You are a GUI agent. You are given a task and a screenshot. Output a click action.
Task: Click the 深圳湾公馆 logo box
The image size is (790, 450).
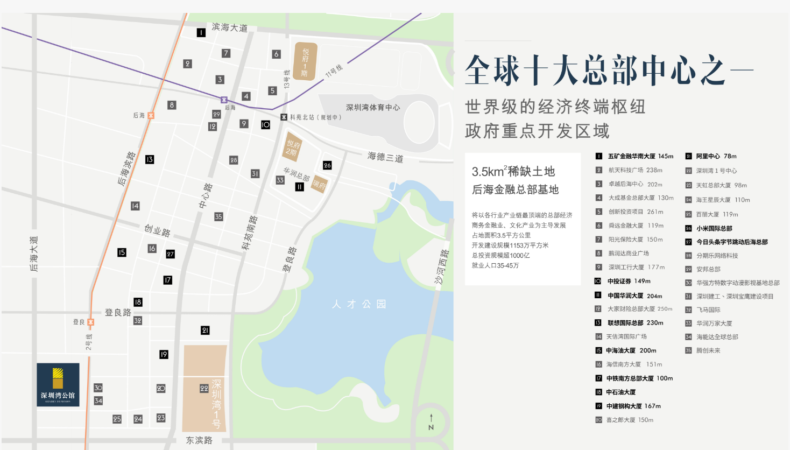click(58, 384)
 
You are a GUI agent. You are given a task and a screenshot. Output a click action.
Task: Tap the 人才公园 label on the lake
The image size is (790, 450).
click(359, 304)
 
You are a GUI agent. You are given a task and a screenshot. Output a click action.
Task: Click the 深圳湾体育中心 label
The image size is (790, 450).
click(372, 108)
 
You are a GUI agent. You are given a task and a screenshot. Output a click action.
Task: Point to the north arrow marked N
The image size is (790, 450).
click(431, 422)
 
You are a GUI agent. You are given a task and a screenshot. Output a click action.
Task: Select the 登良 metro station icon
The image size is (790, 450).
click(90, 322)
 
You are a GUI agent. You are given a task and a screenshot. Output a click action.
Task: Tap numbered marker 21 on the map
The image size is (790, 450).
click(205, 331)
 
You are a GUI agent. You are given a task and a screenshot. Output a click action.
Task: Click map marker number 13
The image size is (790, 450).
click(150, 159)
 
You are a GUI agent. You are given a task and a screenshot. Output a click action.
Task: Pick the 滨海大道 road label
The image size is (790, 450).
click(230, 27)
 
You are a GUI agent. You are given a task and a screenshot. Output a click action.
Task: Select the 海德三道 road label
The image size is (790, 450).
click(385, 157)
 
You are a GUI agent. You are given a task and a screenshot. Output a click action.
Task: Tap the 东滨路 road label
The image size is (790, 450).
click(199, 440)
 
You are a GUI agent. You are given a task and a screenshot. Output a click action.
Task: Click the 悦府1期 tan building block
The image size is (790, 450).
click(305, 61)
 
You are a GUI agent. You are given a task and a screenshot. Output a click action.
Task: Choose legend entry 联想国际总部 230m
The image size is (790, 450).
click(635, 323)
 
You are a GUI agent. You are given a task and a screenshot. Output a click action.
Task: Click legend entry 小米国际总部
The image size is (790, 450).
click(714, 228)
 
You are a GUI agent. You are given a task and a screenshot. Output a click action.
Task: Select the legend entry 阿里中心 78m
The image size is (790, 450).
click(716, 156)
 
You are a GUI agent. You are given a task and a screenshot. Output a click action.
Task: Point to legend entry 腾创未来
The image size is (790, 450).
click(708, 350)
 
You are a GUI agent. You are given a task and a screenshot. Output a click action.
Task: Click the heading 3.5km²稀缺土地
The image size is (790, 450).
click(513, 172)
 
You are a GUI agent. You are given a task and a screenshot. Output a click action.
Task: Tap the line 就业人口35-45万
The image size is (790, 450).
click(495, 265)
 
